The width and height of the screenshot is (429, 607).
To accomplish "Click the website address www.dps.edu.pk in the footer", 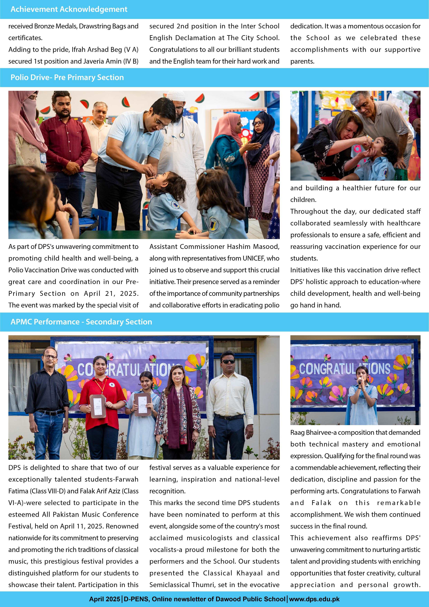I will pyautogui.click(x=314, y=599).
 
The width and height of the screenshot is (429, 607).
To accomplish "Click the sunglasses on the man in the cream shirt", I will pyautogui.click(x=227, y=361).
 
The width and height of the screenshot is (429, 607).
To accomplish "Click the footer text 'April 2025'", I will pyautogui.click(x=104, y=599).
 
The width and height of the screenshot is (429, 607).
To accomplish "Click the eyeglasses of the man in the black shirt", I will pyautogui.click(x=50, y=357).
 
